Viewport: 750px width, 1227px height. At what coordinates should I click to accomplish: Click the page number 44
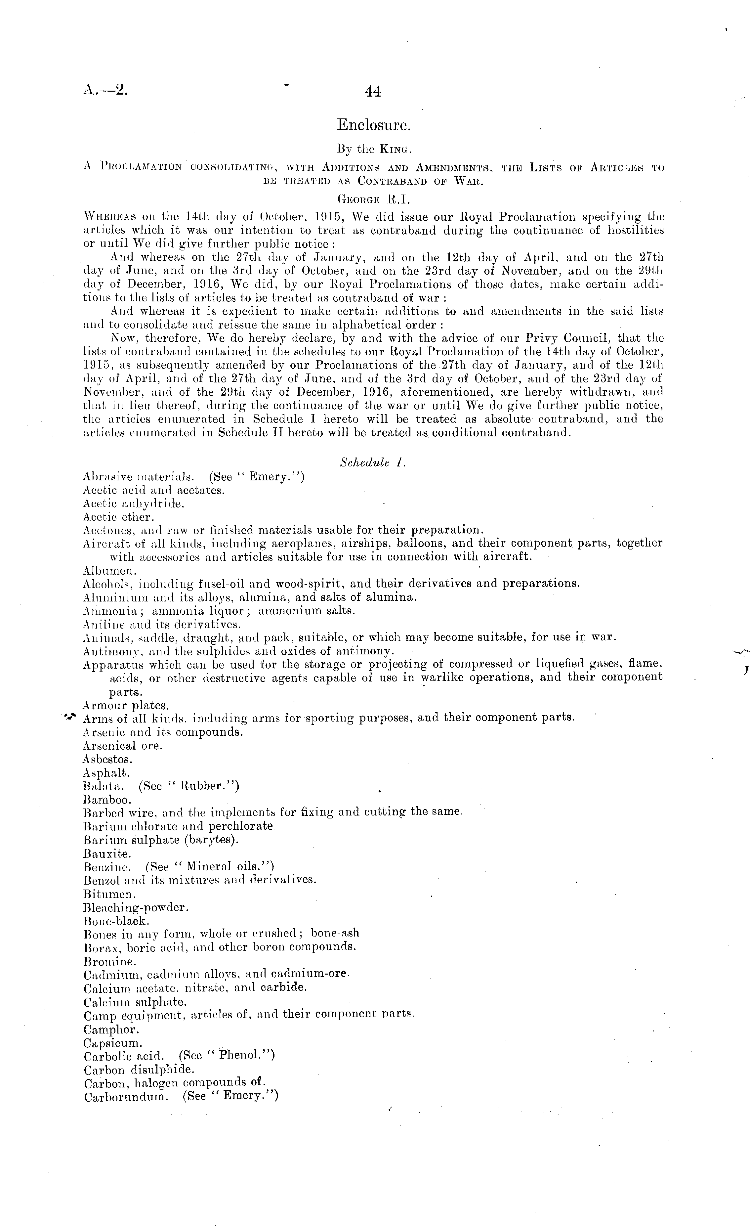373,92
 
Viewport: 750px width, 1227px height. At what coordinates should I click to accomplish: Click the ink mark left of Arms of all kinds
70,717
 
